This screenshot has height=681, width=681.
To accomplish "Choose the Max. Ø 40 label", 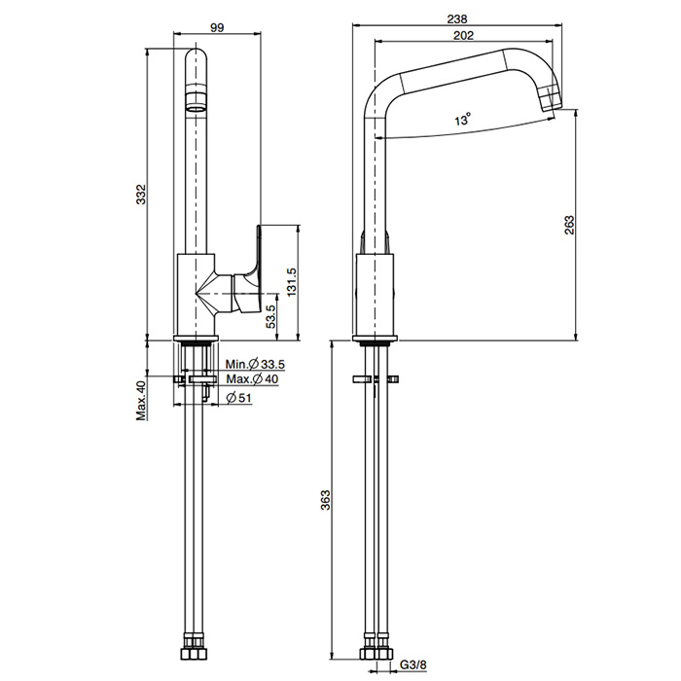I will pyautogui.click(x=251, y=378).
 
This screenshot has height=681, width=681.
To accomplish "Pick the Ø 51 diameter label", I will pyautogui.click(x=239, y=396).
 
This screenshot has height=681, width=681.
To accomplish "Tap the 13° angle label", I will pyautogui.click(x=463, y=120).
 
